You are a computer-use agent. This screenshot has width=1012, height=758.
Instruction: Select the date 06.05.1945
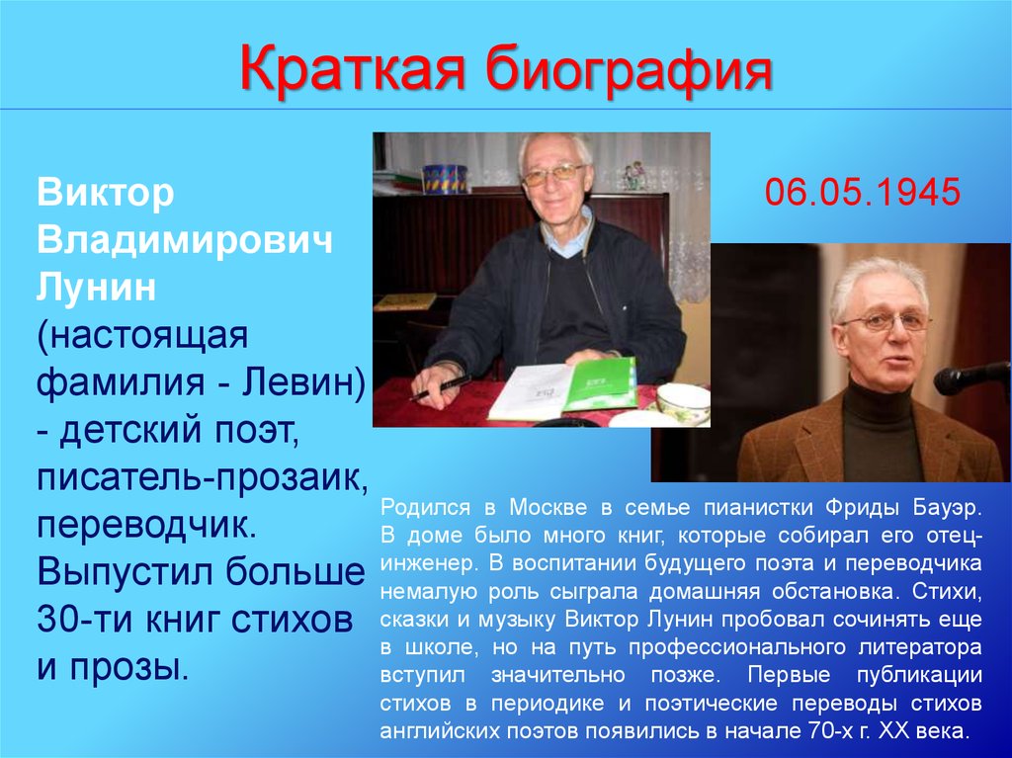tap(863, 193)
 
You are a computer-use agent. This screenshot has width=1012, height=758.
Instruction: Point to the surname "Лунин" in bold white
tap(96, 287)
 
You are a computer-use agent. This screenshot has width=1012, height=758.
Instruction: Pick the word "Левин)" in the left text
tap(303, 382)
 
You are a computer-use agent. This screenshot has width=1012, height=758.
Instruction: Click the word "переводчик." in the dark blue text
tap(147, 526)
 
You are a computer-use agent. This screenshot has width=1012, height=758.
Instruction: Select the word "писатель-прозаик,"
tap(203, 478)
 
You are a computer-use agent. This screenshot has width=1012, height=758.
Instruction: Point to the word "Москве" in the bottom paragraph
tap(548, 507)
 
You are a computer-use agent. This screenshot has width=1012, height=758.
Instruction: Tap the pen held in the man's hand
tap(440, 388)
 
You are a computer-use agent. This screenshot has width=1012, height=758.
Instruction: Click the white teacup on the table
tap(683, 403)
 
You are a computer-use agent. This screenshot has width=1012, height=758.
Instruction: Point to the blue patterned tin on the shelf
tap(445, 179)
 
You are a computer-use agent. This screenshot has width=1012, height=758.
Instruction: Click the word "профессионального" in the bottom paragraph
tap(737, 647)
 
